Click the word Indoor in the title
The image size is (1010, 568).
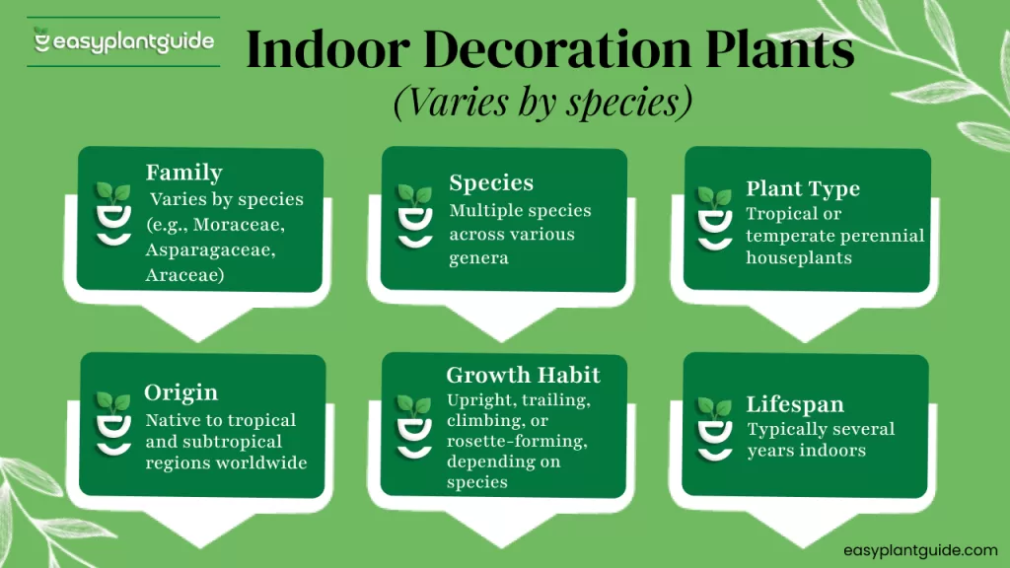pyautogui.click(x=327, y=49)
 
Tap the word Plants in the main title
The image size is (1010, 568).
pyautogui.click(x=779, y=49)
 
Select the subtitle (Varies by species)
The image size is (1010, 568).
pyautogui.click(x=543, y=102)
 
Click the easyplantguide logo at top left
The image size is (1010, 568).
pyautogui.click(x=123, y=41)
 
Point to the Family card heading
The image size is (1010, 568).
pyautogui.click(x=184, y=173)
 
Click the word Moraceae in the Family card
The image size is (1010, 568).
pyautogui.click(x=239, y=224)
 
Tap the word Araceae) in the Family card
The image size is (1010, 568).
pyautogui.click(x=184, y=275)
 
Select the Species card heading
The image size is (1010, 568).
pyautogui.click(x=491, y=183)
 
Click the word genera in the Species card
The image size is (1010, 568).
pyautogui.click(x=478, y=258)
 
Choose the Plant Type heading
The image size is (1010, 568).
pyautogui.click(x=803, y=188)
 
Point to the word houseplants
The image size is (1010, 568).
pyautogui.click(x=799, y=257)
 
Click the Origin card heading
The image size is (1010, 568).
pyautogui.click(x=181, y=392)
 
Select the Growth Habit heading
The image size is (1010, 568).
pyautogui.click(x=523, y=375)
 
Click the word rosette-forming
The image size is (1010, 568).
pyautogui.click(x=517, y=441)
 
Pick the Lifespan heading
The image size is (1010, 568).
pyautogui.click(x=795, y=404)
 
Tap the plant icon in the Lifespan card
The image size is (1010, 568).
pyautogui.click(x=714, y=429)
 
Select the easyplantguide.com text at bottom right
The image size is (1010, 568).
pyautogui.click(x=920, y=550)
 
